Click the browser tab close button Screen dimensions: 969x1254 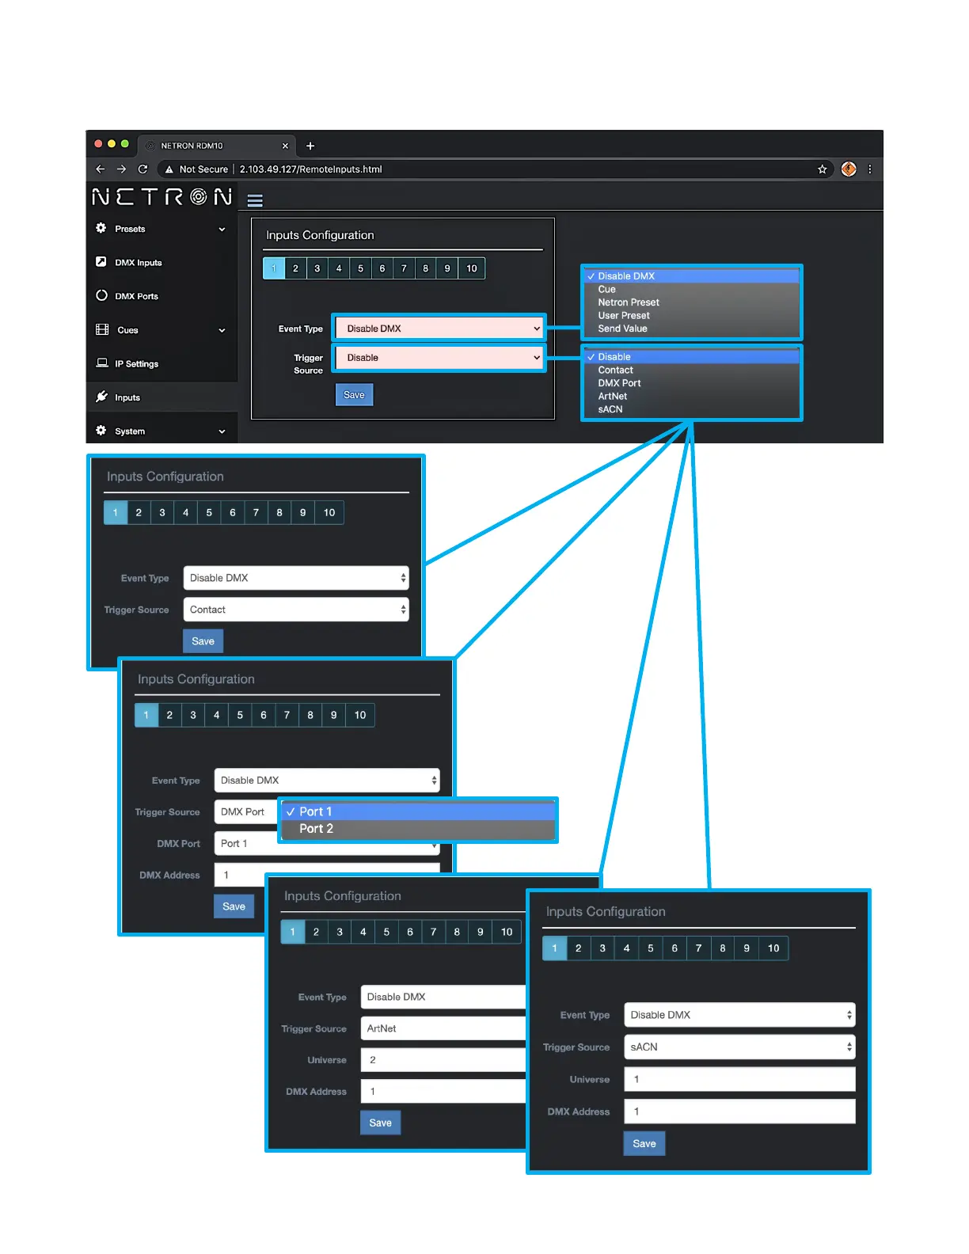(285, 146)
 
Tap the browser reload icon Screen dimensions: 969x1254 (142, 169)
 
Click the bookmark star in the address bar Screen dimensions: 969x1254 (823, 169)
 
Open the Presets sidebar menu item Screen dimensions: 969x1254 (130, 229)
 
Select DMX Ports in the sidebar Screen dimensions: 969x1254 (136, 296)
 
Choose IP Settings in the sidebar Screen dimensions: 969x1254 (136, 364)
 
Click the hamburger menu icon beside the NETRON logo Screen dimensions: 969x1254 (255, 200)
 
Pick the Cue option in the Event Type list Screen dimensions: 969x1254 (607, 290)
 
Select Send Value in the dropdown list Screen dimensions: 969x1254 (622, 329)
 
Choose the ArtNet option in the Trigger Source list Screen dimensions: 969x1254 (613, 397)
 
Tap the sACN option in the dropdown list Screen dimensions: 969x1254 (610, 409)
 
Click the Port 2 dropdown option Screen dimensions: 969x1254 (317, 829)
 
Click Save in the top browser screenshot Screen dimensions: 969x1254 (354, 395)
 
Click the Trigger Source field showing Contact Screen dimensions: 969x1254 (295, 610)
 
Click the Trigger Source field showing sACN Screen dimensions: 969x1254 (739, 1047)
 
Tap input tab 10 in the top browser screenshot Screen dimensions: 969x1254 (472, 268)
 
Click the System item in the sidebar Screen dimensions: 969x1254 (130, 431)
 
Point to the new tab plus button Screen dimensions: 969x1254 (310, 146)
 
